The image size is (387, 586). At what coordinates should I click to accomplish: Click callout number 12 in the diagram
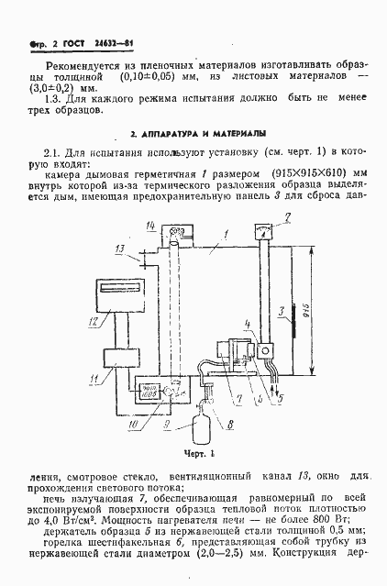tap(94, 321)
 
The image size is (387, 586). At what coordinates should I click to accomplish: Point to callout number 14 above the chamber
tap(150, 226)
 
